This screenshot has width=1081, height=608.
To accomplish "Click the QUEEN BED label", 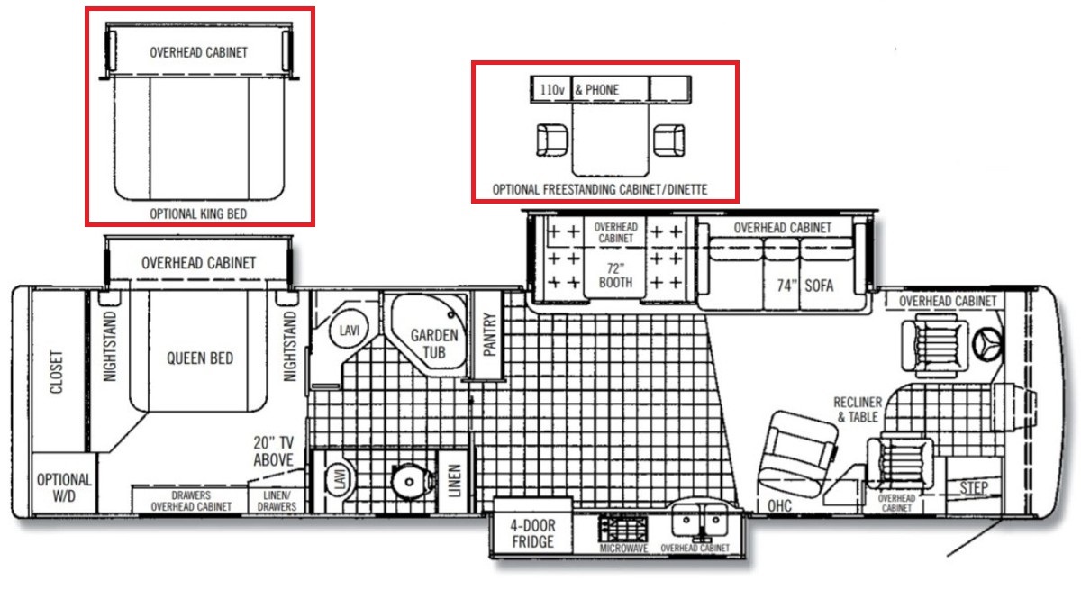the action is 200,358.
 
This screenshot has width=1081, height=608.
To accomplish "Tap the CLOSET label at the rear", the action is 57,372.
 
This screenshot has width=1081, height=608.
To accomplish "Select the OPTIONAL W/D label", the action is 64,488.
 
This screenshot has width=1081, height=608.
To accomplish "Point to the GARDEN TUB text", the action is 434,344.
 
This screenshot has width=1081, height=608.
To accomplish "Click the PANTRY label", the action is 489,334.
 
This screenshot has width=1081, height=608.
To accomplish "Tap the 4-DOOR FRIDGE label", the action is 532,533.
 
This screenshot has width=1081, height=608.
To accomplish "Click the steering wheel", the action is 987,344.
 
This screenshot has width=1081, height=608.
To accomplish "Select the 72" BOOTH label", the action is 615,276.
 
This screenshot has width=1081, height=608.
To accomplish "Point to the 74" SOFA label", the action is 805,286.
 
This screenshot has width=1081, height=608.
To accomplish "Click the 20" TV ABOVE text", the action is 273,451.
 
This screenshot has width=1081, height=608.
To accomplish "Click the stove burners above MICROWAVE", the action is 623,529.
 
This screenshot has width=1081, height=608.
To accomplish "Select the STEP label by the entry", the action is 974,488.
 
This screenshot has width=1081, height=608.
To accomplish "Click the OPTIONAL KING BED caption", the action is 198,213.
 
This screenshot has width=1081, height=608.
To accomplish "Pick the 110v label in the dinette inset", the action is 552,90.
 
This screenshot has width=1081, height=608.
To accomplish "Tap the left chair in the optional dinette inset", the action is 552,140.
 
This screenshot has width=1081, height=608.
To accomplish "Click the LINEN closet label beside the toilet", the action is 455,481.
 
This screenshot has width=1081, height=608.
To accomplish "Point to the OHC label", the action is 779,505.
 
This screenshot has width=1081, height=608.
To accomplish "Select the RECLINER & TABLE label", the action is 858,410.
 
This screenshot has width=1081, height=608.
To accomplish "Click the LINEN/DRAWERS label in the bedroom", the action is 277,501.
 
